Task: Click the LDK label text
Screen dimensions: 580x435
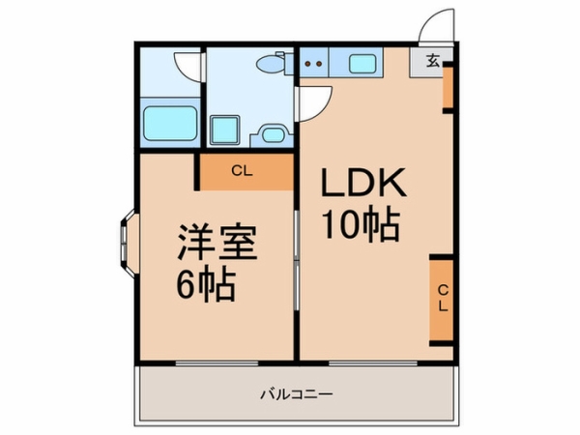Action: click(x=363, y=183)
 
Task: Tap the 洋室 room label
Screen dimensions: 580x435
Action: click(x=217, y=242)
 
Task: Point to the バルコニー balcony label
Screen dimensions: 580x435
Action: click(x=297, y=394)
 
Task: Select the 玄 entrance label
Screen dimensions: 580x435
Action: click(x=433, y=60)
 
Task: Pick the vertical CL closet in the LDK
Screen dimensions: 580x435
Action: click(x=442, y=300)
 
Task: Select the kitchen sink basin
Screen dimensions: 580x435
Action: click(x=362, y=64)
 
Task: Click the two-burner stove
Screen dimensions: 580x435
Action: click(x=313, y=63)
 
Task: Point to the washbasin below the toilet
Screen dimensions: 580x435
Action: click(x=274, y=135)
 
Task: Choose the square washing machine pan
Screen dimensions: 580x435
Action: click(x=224, y=130)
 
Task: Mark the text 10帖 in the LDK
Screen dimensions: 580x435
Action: click(x=361, y=225)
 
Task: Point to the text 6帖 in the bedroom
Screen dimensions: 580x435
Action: click(x=206, y=285)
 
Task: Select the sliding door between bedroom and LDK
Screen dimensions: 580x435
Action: click(x=297, y=260)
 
